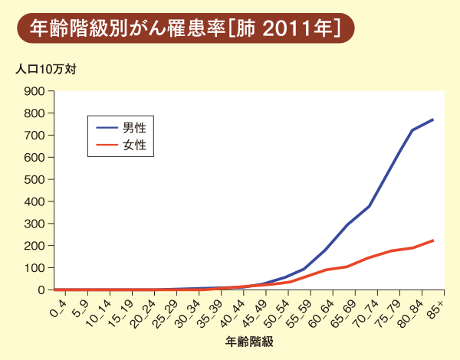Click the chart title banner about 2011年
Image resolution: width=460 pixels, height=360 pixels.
pyautogui.click(x=185, y=29)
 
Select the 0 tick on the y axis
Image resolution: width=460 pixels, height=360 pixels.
pyautogui.click(x=43, y=290)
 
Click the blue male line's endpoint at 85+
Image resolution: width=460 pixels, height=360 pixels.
pyautogui.click(x=433, y=119)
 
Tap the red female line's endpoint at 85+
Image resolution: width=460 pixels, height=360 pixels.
pyautogui.click(x=433, y=241)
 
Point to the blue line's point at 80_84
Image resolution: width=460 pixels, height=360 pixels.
pyautogui.click(x=412, y=130)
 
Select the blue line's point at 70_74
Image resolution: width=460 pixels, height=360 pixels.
pyautogui.click(x=370, y=206)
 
